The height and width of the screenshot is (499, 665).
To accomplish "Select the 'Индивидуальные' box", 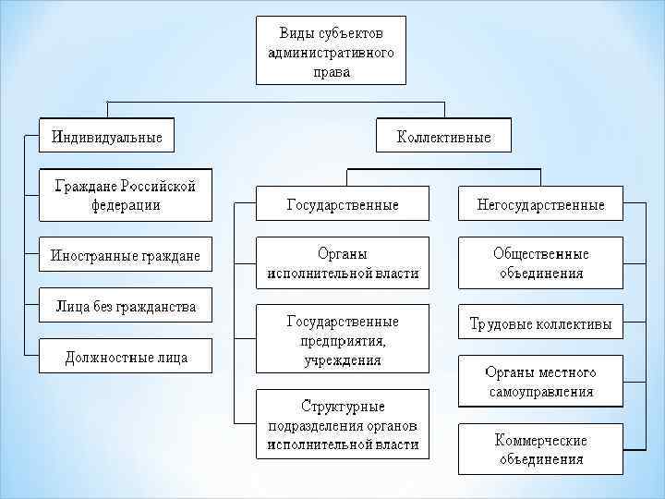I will click(107, 138).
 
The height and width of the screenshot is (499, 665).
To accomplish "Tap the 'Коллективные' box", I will click(443, 138).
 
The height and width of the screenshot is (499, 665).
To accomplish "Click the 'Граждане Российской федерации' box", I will click(126, 195).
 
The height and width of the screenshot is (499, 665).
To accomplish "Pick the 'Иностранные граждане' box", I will click(126, 254).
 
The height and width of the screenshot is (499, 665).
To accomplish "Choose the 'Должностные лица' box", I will click(126, 357).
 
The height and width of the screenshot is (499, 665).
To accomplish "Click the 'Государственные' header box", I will click(343, 204).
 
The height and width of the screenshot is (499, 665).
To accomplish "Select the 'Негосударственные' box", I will click(540, 204).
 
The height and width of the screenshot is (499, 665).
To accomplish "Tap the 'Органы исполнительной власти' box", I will click(343, 263).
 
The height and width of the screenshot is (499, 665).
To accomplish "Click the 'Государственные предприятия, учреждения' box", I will click(343, 340).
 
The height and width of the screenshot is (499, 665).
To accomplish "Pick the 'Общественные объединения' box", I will click(540, 263).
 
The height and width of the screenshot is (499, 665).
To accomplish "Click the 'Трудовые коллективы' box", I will click(540, 324).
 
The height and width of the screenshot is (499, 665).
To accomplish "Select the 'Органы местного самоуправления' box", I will click(540, 383).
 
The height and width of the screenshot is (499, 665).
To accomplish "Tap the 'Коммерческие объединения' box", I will click(540, 449).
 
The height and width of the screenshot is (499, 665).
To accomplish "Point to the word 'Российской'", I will click(156, 186).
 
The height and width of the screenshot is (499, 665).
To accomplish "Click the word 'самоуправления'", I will click(540, 392).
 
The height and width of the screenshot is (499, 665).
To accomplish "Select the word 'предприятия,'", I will click(343, 340).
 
